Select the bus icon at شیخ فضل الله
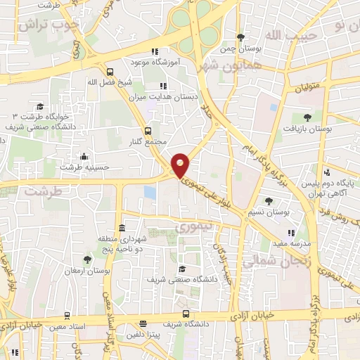(x=110, y=71)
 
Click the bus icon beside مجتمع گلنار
(x=148, y=131)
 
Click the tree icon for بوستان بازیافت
(x=307, y=117)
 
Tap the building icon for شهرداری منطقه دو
(x=122, y=228)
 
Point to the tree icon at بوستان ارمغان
(x=86, y=259)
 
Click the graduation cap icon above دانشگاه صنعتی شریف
(x=182, y=269)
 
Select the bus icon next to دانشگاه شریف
(x=186, y=314)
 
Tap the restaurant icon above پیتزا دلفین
(x=143, y=324)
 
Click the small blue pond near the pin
(x=150, y=192)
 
